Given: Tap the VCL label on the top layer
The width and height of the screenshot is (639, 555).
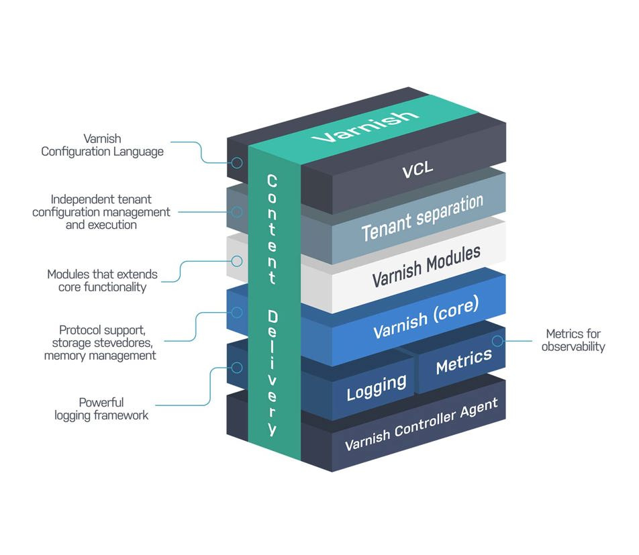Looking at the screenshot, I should (x=417, y=170).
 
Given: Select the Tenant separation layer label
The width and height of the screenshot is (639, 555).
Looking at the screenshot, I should (x=422, y=218).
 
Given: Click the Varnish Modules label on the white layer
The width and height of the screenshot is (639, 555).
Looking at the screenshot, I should (x=426, y=266).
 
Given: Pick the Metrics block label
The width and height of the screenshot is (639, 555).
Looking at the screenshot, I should (x=463, y=361).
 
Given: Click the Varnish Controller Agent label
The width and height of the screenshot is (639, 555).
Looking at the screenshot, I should (x=421, y=423).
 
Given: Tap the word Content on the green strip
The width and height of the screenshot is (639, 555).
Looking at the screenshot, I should (x=272, y=229).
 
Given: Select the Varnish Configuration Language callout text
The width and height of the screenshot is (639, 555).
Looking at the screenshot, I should (x=102, y=145).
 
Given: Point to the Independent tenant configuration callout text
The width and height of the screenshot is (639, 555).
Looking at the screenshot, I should (x=101, y=212).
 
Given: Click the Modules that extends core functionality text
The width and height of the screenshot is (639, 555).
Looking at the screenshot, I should (x=102, y=281).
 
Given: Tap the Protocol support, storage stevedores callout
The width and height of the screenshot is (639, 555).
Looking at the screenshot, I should (x=100, y=342).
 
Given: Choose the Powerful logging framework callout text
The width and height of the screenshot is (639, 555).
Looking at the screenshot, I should (x=101, y=409).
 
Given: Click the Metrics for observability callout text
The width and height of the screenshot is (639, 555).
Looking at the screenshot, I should (x=574, y=340).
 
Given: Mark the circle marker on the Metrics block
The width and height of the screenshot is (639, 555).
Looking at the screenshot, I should (x=497, y=341).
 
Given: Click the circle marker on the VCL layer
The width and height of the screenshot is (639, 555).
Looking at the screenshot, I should (x=236, y=162).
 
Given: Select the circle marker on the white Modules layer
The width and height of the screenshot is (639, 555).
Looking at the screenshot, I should (x=236, y=260).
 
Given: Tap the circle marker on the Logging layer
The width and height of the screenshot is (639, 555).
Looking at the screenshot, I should (x=236, y=367).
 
